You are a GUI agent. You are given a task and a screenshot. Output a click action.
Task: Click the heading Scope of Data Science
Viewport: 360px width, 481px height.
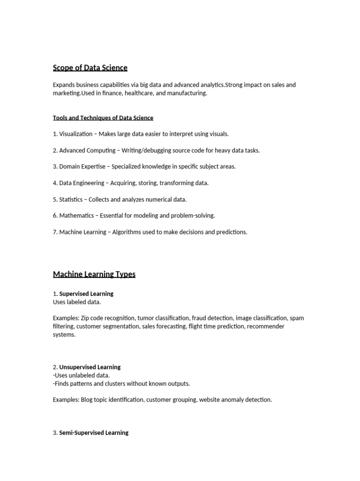pyautogui.click(x=90, y=68)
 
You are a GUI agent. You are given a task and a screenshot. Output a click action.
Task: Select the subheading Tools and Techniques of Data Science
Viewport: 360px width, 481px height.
pyautogui.click(x=103, y=118)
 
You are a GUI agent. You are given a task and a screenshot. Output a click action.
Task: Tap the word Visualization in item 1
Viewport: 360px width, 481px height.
pyautogui.click(x=76, y=134)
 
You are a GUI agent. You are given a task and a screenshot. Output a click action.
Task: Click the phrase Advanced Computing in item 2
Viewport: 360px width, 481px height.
pyautogui.click(x=87, y=150)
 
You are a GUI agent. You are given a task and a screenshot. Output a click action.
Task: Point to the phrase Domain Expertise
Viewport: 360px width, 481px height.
pyautogui.click(x=82, y=166)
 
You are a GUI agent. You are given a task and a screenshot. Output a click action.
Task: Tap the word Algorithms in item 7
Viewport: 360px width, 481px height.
pyautogui.click(x=126, y=232)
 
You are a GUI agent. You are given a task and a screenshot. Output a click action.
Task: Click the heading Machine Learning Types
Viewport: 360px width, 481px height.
pyautogui.click(x=94, y=274)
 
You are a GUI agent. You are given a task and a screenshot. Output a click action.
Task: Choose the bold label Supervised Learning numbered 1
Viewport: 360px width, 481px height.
pyautogui.click(x=86, y=294)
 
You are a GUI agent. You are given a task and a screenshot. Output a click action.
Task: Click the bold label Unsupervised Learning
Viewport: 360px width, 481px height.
pyautogui.click(x=90, y=367)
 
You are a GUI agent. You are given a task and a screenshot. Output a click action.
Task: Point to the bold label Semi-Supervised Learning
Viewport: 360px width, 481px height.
pyautogui.click(x=94, y=433)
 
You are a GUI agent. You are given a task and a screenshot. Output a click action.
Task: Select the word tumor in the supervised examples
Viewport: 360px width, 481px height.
pyautogui.click(x=147, y=318)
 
